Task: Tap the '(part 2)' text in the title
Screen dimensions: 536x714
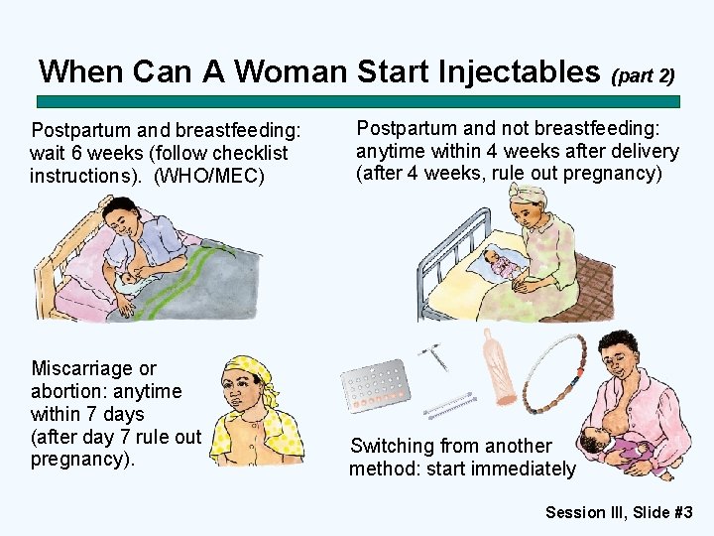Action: (644, 75)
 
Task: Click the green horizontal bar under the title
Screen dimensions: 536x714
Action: (357, 101)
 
